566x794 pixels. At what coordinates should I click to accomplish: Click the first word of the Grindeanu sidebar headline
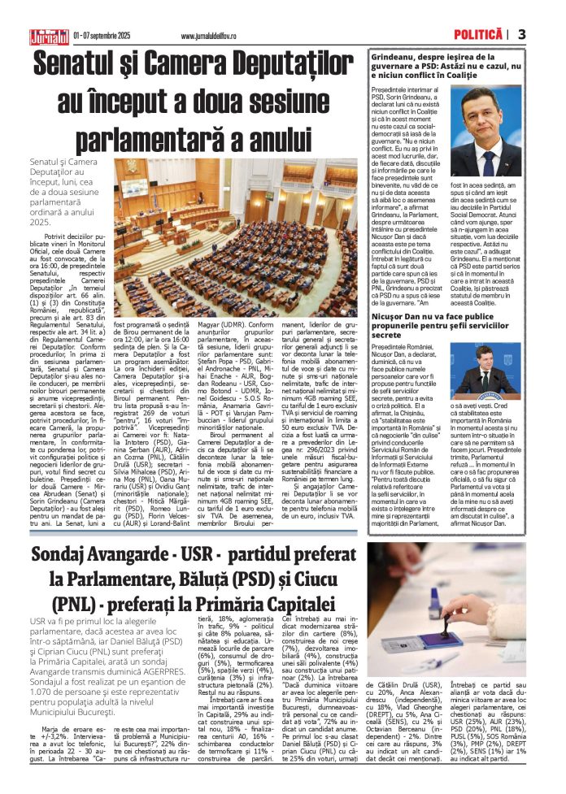(396, 59)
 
